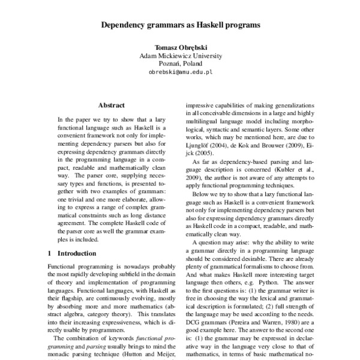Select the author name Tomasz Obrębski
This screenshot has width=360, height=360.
[x=180, y=47]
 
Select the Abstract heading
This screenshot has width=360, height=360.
[x=111, y=105]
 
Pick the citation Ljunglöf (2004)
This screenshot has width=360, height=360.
[x=206, y=145]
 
